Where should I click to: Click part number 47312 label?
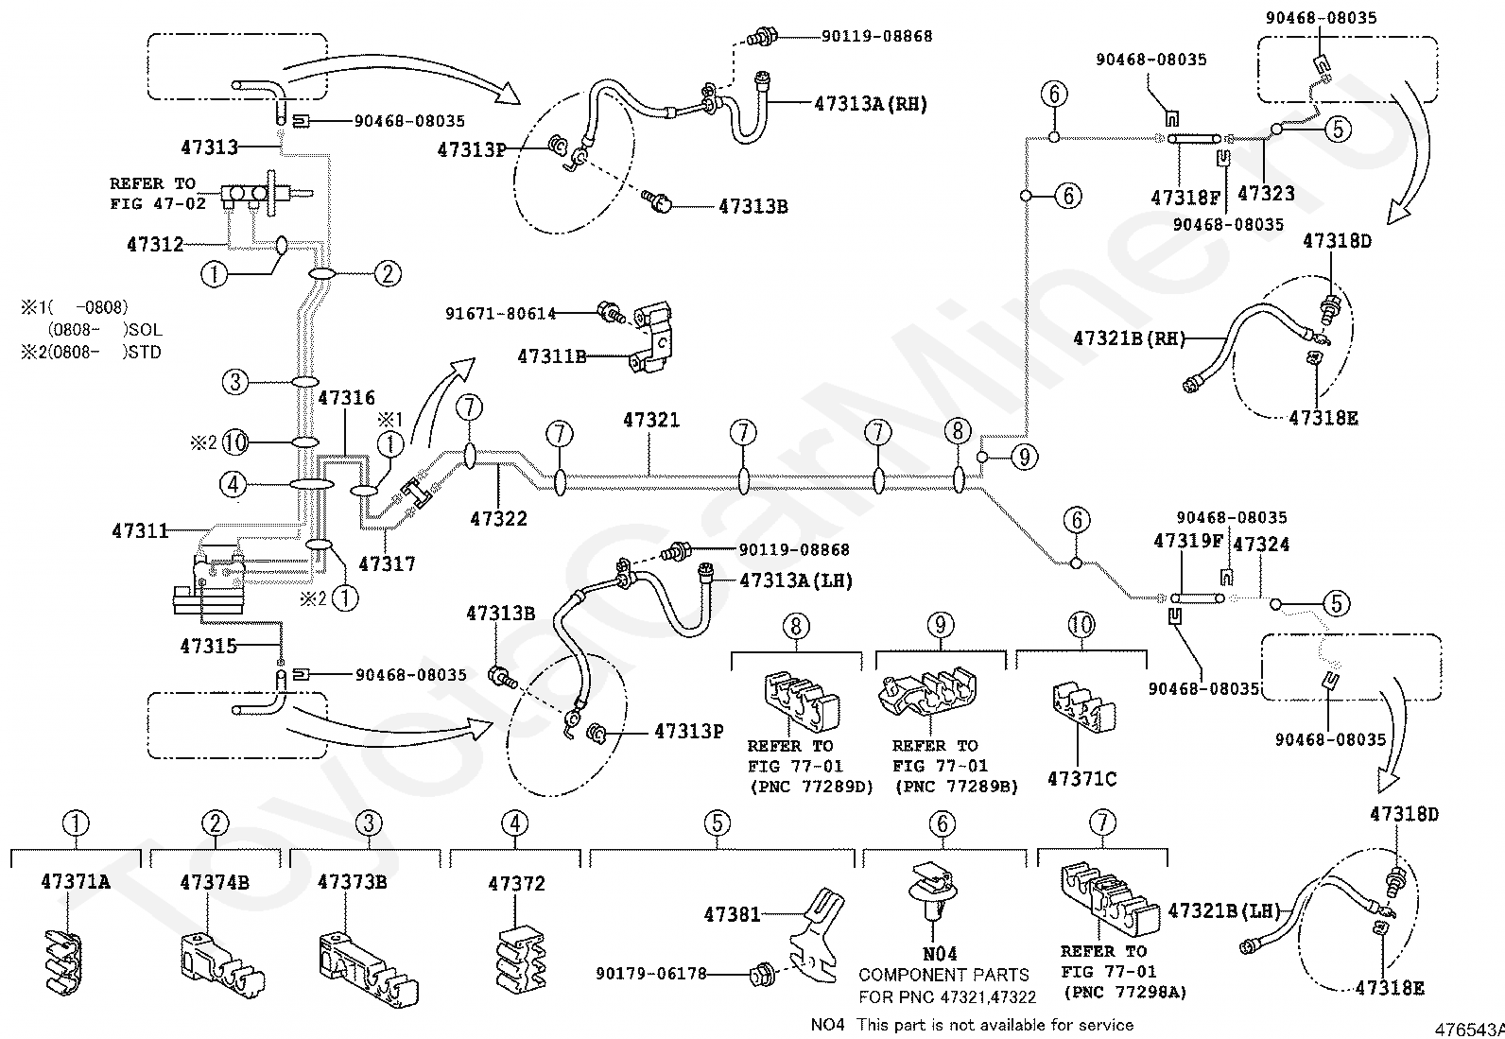tap(155, 243)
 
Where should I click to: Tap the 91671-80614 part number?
tap(500, 313)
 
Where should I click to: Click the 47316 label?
tap(346, 397)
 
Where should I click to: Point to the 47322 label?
tap(498, 518)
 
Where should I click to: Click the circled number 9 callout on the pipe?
tap(1024, 457)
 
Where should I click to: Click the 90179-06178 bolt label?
tap(651, 973)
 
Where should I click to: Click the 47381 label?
tap(732, 914)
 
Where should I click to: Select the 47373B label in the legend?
tap(352, 881)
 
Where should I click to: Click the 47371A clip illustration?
tap(63, 962)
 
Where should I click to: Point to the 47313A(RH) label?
tap(871, 103)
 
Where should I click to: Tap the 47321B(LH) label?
tap(1224, 910)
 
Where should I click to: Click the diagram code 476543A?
tap(1469, 1030)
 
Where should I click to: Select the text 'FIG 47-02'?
tap(158, 203)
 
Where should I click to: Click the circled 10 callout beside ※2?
tap(235, 442)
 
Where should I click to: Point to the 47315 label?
tap(208, 646)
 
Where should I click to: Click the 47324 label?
tap(1261, 544)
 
